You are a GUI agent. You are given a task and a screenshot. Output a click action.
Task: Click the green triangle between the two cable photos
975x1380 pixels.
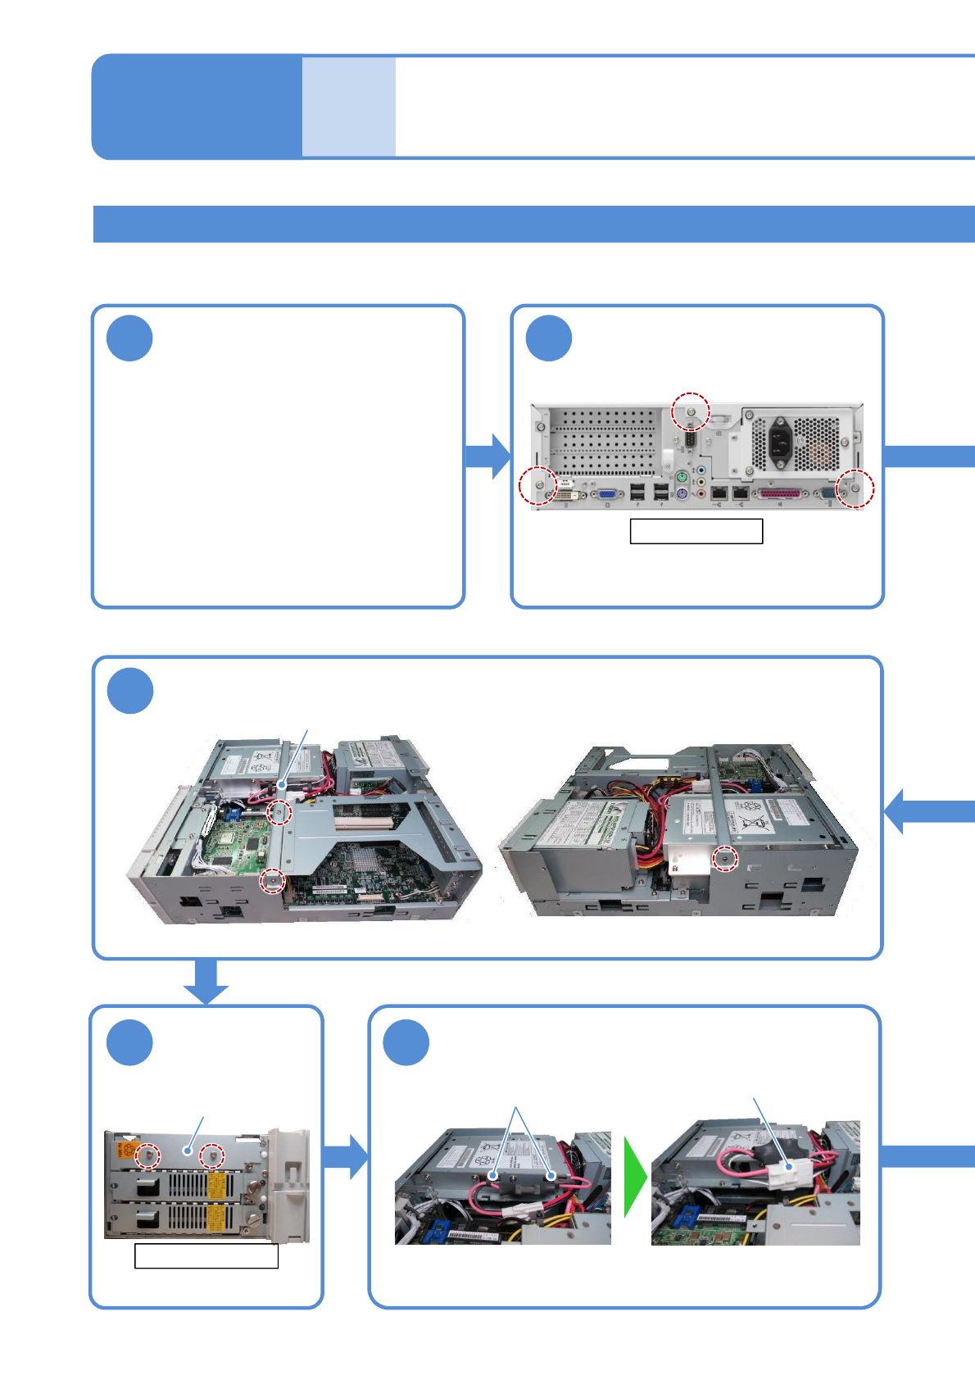[x=635, y=1177]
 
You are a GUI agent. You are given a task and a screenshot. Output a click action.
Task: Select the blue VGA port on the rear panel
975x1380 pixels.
[x=607, y=494]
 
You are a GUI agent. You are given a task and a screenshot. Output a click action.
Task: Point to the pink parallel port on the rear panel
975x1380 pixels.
[x=779, y=494]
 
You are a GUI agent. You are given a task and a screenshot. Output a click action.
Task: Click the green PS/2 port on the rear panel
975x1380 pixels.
[x=682, y=478]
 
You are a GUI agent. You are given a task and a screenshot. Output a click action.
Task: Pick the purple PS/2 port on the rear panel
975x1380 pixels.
[x=682, y=493]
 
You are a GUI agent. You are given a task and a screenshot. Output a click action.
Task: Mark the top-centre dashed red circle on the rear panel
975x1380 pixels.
[x=691, y=411]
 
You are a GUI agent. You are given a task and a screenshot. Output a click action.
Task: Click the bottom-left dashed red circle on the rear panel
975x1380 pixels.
[x=538, y=486]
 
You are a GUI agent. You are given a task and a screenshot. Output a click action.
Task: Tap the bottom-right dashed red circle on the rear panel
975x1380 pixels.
[x=855, y=489]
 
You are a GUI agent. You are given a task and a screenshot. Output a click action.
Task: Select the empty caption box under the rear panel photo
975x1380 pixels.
[x=696, y=531]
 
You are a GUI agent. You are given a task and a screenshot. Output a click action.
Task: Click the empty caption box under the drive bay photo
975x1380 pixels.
[x=206, y=1256]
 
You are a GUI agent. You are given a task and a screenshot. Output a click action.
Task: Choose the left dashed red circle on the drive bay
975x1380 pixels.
[x=148, y=1155]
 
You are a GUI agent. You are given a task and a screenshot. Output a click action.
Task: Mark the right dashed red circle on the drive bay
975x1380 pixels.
[x=212, y=1156]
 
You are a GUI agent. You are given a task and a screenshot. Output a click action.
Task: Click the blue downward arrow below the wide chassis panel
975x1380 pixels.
[x=205, y=982]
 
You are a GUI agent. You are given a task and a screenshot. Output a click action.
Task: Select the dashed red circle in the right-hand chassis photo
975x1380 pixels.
[x=724, y=859]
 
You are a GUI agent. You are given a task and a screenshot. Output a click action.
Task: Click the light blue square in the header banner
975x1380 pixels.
[x=349, y=107]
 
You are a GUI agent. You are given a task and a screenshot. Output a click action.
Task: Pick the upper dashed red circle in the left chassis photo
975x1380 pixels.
[x=280, y=813]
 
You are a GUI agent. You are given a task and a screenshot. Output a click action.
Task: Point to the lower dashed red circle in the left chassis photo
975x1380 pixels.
[x=273, y=881]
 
